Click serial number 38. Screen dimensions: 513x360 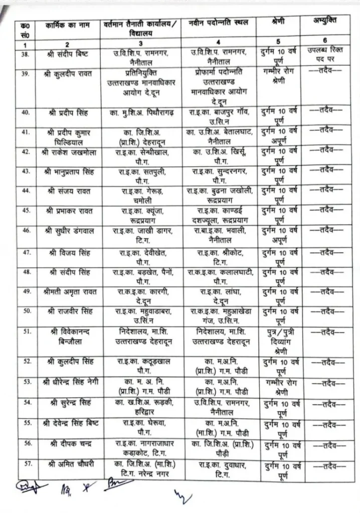25,53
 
